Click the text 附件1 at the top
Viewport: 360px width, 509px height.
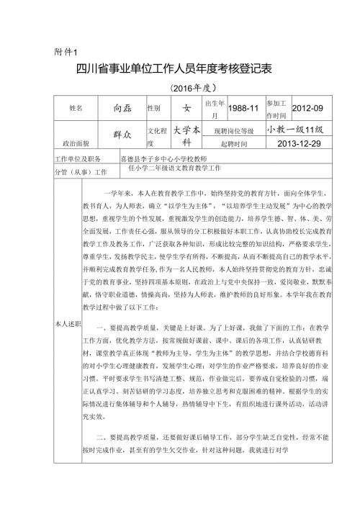[x=70, y=52]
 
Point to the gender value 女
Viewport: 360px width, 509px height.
[x=186, y=108]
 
